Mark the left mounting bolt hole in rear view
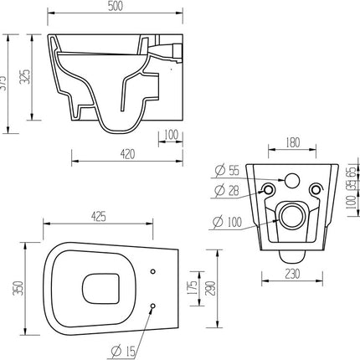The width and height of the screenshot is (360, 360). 268,188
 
